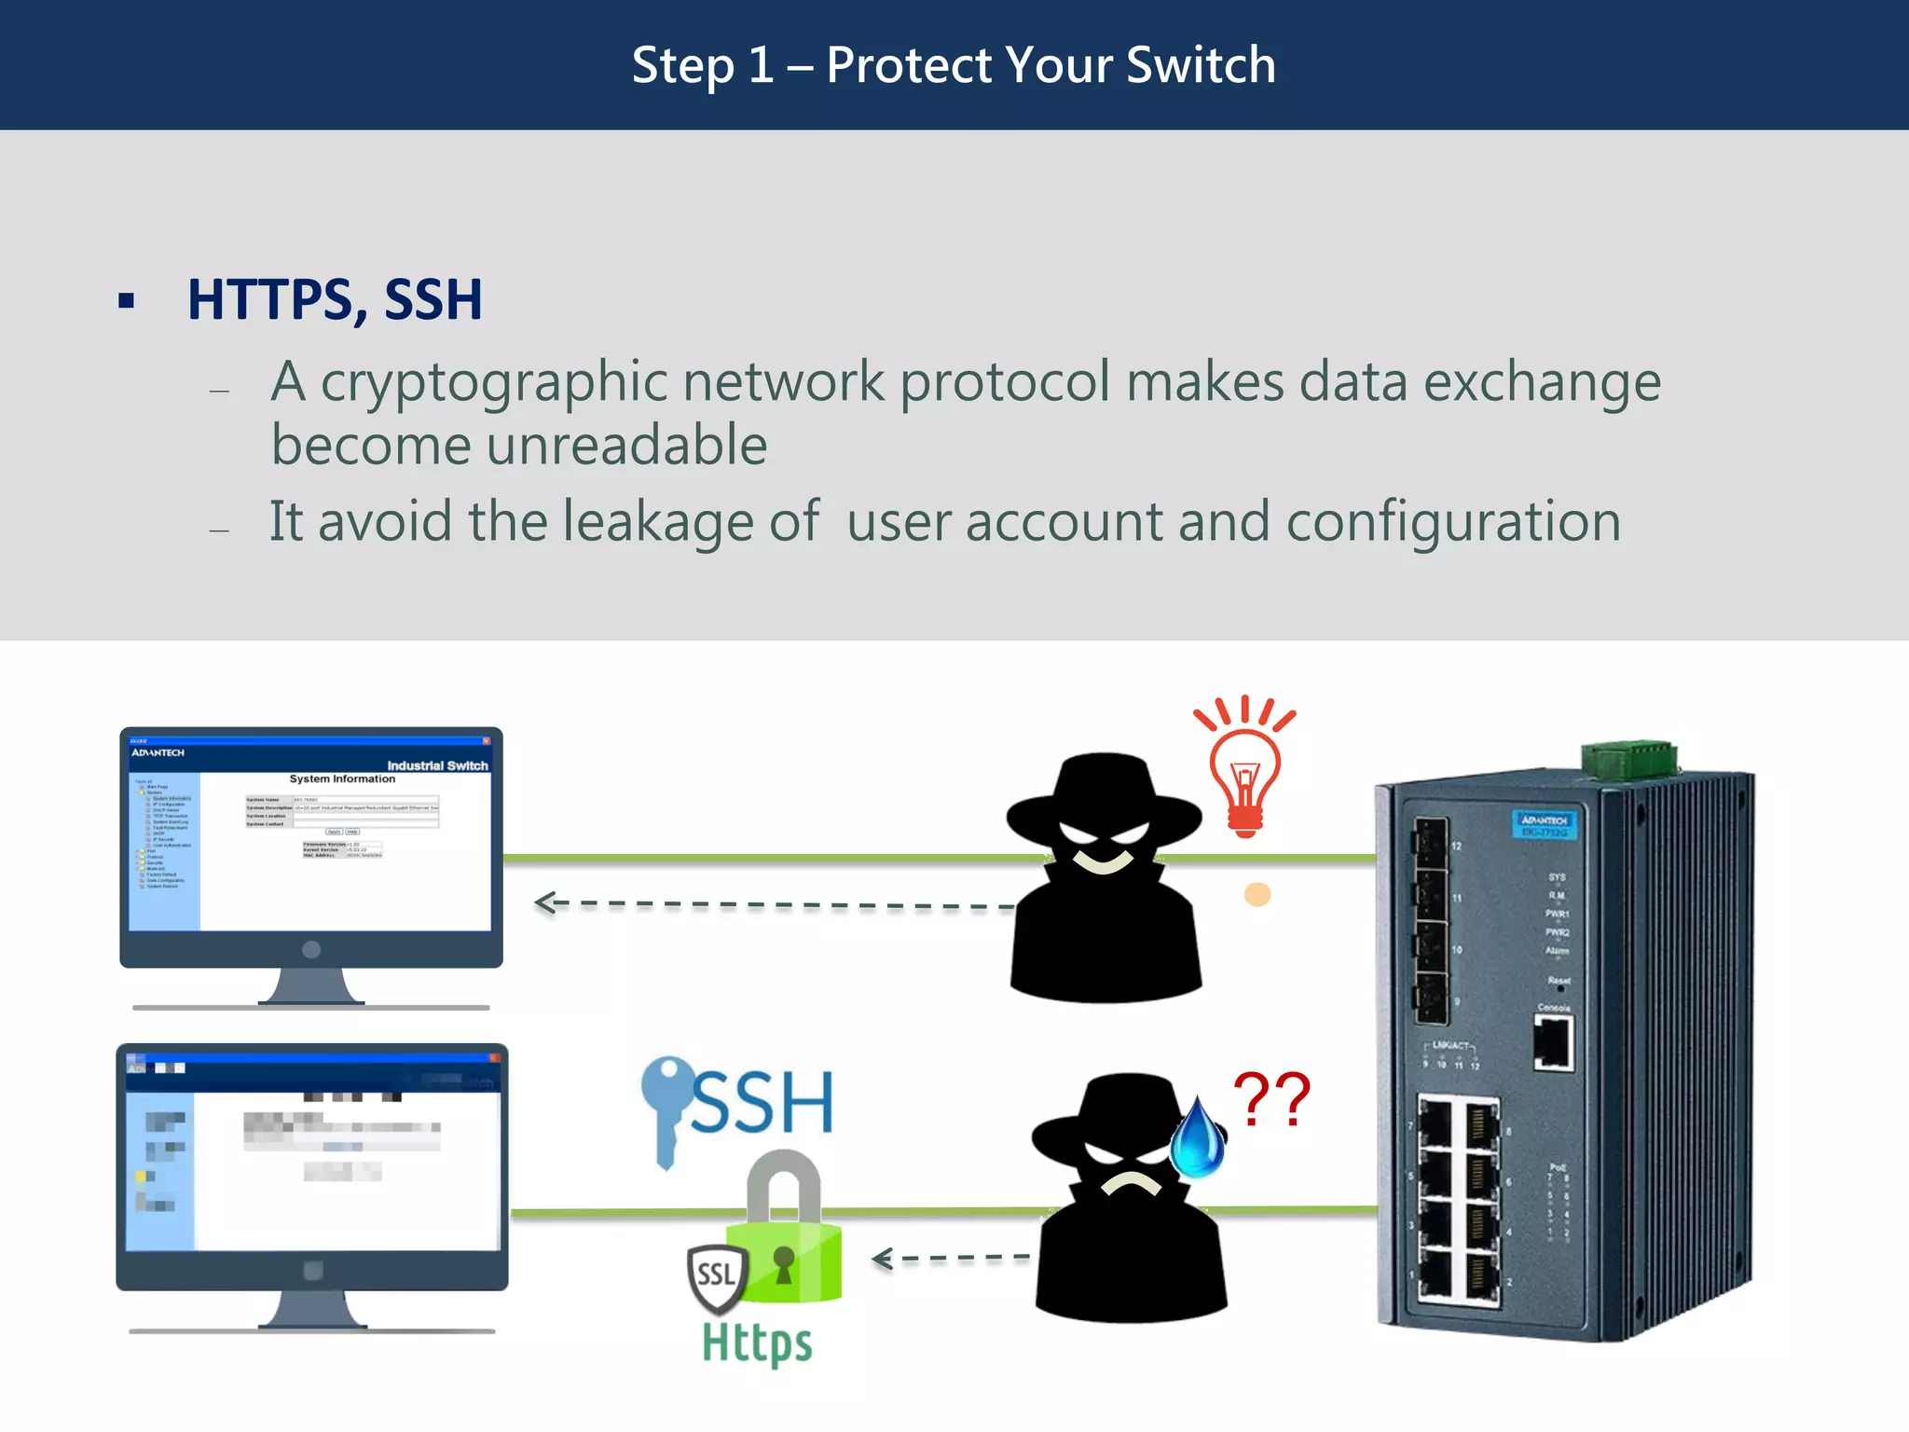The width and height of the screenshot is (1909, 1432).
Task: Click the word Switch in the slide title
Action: coord(1201,65)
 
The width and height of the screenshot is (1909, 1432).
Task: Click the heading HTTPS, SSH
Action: coord(335,300)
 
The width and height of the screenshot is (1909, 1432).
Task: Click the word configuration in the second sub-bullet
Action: coord(1453,521)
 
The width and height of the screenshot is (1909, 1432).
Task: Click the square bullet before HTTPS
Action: coord(127,300)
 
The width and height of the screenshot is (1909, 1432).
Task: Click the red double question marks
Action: coord(1271,1100)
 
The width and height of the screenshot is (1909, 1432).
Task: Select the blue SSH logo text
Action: coord(762,1103)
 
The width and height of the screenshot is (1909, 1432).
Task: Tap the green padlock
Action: coord(785,1231)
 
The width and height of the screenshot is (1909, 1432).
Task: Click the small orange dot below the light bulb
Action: coord(1257,895)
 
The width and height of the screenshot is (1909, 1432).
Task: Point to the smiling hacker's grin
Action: coord(1104,860)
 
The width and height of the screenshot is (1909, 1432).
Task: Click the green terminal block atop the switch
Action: coord(1629,760)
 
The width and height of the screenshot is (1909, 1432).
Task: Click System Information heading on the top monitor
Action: coord(342,778)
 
